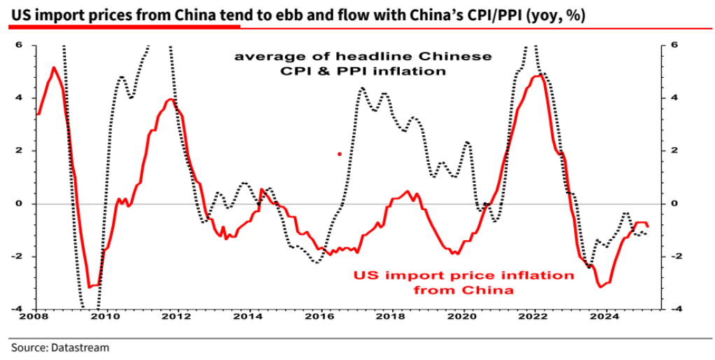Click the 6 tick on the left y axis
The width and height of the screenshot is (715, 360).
coord(20,46)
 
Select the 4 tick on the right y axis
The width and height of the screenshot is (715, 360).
coord(674,98)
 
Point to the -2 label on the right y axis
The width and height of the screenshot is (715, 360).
coord(676,256)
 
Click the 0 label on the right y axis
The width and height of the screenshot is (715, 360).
coord(674,204)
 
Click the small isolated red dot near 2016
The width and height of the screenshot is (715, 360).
coord(340,154)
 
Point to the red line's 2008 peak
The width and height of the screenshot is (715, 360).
coord(54,67)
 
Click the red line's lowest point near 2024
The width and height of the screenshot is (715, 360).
coord(601,286)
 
